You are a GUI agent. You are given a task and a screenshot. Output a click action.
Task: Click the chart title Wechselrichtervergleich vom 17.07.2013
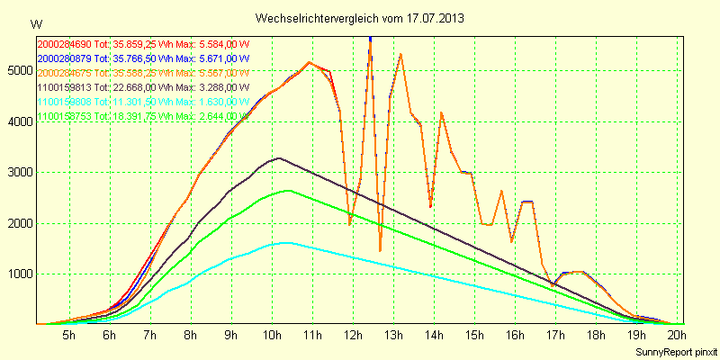(x=359, y=18)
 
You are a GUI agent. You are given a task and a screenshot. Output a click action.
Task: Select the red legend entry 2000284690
(x=144, y=43)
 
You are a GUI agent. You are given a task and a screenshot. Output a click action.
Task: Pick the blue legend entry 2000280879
(x=144, y=58)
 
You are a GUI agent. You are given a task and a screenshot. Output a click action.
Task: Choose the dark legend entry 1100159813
(x=144, y=87)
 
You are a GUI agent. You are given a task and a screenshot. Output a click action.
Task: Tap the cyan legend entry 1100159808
(x=144, y=102)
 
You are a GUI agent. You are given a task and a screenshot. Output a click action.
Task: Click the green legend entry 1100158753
(x=144, y=116)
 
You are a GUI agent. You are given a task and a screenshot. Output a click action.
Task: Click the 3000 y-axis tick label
(x=17, y=172)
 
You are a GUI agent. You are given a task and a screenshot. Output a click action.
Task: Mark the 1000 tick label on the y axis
(x=17, y=274)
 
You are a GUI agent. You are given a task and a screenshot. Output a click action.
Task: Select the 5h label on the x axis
(x=68, y=336)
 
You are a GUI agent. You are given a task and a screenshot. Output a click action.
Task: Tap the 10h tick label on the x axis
(x=271, y=336)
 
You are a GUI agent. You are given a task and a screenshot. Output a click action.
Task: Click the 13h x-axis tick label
(x=392, y=336)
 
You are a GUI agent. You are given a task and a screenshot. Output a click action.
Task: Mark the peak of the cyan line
(x=287, y=242)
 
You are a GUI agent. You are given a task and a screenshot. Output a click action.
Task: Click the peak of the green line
(x=288, y=190)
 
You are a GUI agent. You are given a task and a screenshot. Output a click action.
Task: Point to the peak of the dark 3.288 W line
(x=279, y=158)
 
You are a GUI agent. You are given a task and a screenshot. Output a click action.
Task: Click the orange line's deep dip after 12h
(x=380, y=250)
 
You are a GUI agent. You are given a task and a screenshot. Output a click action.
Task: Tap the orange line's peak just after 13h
(x=400, y=55)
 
